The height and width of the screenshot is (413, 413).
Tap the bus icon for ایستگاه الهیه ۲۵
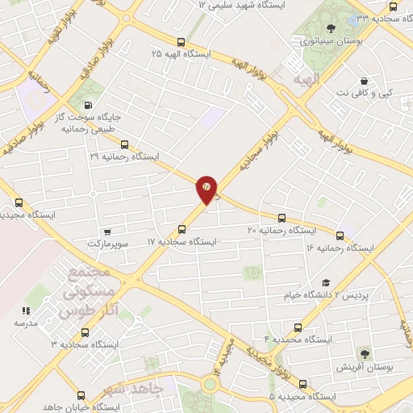(x=180, y=43)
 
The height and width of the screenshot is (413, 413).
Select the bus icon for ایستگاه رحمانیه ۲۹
(x=123, y=145)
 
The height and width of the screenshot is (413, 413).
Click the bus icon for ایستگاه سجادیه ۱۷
(x=182, y=229)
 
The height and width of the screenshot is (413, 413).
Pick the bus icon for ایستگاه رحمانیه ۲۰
(x=282, y=218)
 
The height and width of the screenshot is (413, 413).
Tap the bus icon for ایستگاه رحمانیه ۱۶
(x=340, y=236)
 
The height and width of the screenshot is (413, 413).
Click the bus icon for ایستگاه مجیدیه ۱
(x=19, y=203)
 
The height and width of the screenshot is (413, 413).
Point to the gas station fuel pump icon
(x=88, y=104)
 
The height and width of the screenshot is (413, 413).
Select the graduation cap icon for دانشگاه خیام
(x=326, y=282)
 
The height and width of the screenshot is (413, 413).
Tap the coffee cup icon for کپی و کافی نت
(x=365, y=81)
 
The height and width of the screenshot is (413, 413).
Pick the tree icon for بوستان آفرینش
(x=365, y=353)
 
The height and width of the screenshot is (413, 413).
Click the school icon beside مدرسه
(x=26, y=311)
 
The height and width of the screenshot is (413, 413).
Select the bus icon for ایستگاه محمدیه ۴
(x=298, y=327)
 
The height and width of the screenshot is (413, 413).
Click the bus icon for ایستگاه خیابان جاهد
(x=80, y=395)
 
